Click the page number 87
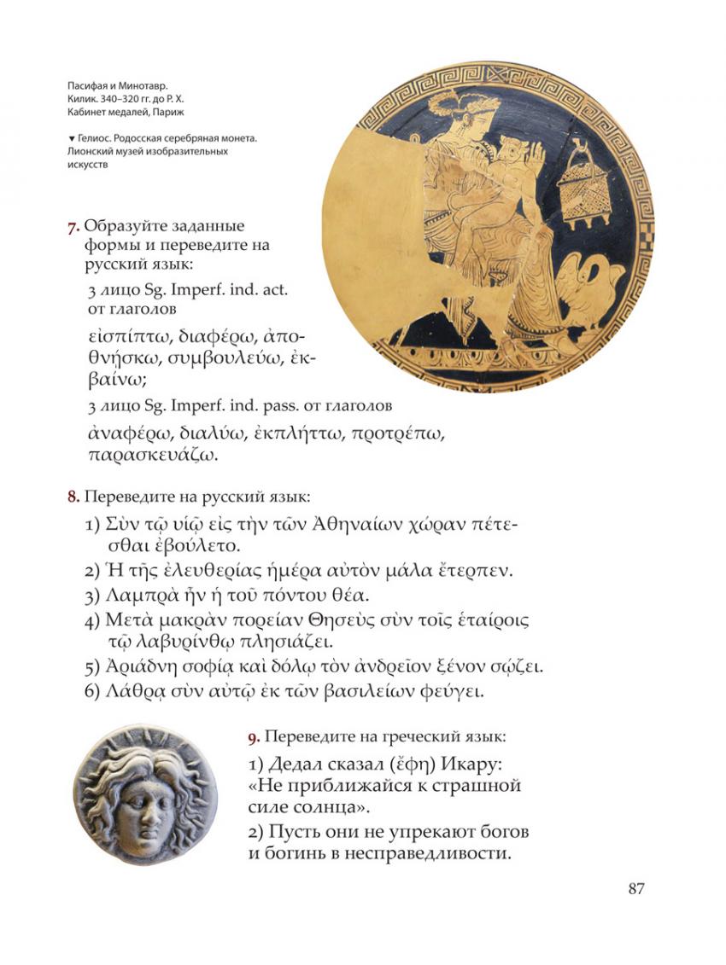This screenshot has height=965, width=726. pyautogui.click(x=635, y=889)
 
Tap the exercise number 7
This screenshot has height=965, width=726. pyautogui.click(x=73, y=227)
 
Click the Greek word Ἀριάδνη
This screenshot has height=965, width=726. pyautogui.click(x=141, y=666)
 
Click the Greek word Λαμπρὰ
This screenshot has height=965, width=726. pyautogui.click(x=142, y=595)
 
